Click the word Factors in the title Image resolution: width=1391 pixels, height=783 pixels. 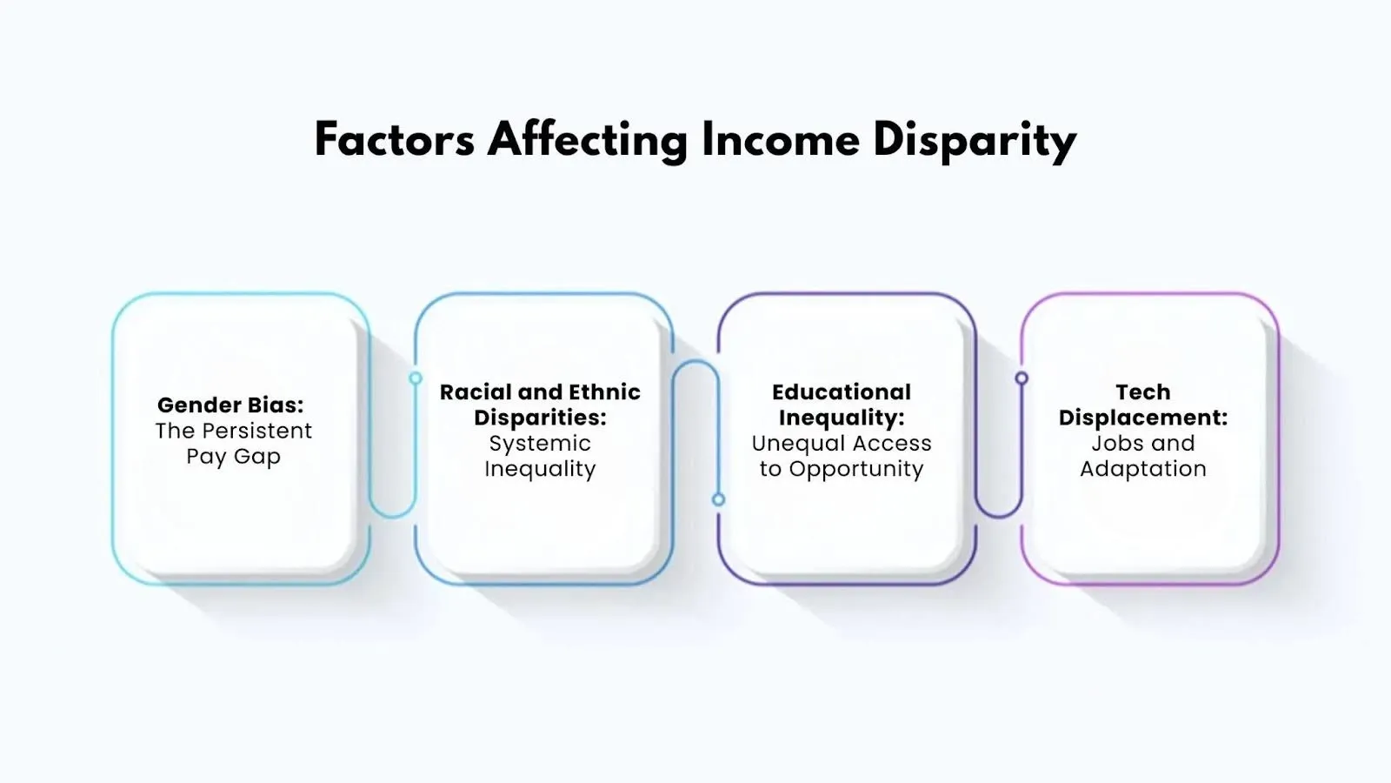click(394, 139)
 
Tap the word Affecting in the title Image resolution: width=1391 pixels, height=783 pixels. click(588, 141)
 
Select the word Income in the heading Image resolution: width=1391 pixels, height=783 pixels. click(780, 139)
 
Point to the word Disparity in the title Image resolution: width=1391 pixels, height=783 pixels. click(975, 141)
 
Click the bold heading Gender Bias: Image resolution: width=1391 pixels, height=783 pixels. click(230, 405)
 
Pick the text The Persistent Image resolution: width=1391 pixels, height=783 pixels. click(233, 431)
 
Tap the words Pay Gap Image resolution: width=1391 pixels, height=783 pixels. click(233, 457)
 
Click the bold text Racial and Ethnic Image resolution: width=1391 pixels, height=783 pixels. click(540, 391)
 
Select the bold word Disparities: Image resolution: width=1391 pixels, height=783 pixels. click(540, 418)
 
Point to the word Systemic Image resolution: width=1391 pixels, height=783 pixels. click(540, 443)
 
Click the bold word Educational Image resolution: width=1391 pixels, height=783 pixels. click(842, 391)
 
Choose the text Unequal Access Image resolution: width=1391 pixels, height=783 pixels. click(842, 443)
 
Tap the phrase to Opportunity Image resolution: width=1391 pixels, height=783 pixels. click(842, 469)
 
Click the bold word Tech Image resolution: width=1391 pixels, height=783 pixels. click(1143, 391)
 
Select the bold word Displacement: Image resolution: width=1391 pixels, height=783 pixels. click(1143, 418)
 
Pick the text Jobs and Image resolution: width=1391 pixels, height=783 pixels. click(1143, 443)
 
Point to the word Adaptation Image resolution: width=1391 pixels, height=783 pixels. click(1143, 469)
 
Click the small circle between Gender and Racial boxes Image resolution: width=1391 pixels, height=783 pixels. click(416, 378)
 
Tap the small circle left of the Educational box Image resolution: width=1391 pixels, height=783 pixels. click(718, 499)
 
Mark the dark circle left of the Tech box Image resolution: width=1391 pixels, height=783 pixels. click(1022, 378)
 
